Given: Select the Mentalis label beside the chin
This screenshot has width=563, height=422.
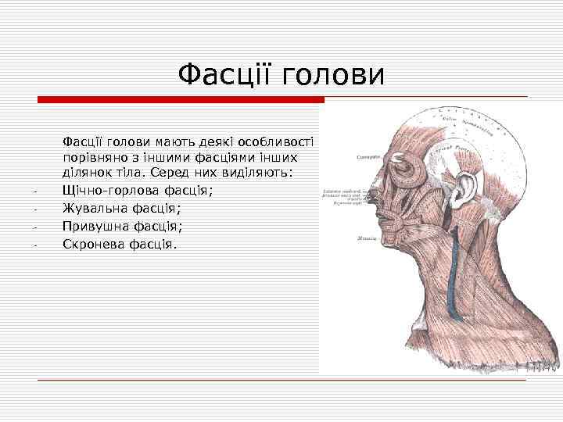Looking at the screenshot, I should (366, 238).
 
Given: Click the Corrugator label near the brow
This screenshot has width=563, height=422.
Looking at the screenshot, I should (367, 157).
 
